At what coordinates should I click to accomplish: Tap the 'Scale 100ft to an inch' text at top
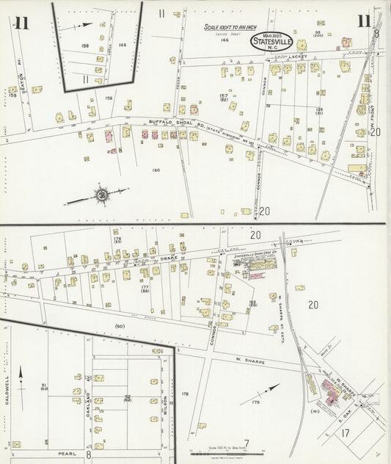(x=228, y=27)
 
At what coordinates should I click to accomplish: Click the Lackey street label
(x=296, y=56)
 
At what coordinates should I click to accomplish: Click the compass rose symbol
(x=101, y=195)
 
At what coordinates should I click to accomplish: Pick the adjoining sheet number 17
(x=346, y=434)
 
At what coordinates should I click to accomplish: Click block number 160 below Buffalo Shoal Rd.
(x=155, y=170)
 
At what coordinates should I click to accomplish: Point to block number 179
(x=255, y=402)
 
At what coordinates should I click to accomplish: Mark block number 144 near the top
(x=225, y=41)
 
